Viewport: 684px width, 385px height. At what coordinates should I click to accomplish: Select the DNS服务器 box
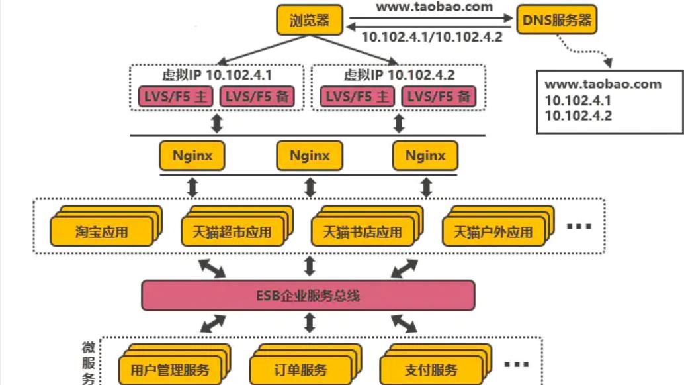click(556, 20)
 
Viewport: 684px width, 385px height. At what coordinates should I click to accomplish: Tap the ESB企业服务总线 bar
click(308, 295)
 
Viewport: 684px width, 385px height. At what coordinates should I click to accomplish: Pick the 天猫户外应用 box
click(493, 233)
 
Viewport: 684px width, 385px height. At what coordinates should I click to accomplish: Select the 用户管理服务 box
click(169, 370)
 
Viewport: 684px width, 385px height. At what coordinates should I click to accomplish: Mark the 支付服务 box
click(431, 370)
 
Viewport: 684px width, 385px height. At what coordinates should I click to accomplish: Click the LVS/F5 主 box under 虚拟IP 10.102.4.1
click(175, 97)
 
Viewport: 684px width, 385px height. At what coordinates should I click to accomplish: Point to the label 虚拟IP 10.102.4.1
click(217, 74)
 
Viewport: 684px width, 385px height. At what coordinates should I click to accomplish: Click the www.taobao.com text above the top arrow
click(434, 7)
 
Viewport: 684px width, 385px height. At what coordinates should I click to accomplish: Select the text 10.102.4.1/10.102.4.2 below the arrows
click(431, 37)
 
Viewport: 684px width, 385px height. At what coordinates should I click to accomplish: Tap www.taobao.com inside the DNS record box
click(603, 84)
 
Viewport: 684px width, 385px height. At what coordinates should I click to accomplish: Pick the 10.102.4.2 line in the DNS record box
click(577, 116)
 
